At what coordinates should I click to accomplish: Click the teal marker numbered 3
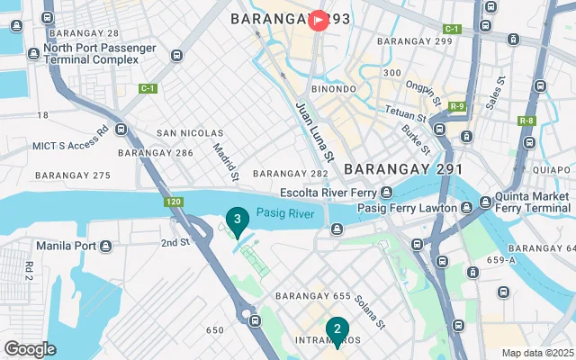coord(237,220)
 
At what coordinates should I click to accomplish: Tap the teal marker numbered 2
coord(337,330)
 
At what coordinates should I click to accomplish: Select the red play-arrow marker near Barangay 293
coord(319,19)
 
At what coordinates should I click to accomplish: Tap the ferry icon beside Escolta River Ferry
coord(386,192)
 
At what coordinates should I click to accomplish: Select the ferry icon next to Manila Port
coord(107,246)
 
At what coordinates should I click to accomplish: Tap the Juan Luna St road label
coord(316,131)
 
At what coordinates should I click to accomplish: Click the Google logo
coord(30,349)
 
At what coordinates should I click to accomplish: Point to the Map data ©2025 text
coord(536,353)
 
